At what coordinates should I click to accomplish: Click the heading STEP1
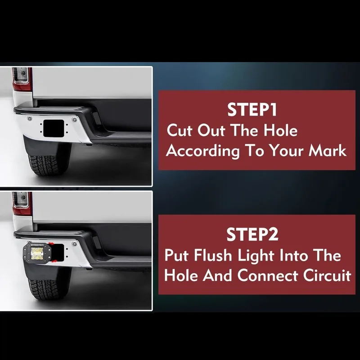click(252, 110)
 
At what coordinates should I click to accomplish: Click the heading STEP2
click(252, 234)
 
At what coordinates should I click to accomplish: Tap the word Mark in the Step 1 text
click(328, 151)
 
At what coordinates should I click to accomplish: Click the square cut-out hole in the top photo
click(54, 129)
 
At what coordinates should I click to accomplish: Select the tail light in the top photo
click(22, 78)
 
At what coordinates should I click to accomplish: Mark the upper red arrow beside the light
click(51, 243)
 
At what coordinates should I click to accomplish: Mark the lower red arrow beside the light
click(54, 261)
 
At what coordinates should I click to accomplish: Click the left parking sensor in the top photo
click(30, 119)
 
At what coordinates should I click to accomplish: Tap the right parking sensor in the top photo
click(74, 119)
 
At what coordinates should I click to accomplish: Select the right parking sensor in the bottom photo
click(74, 244)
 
